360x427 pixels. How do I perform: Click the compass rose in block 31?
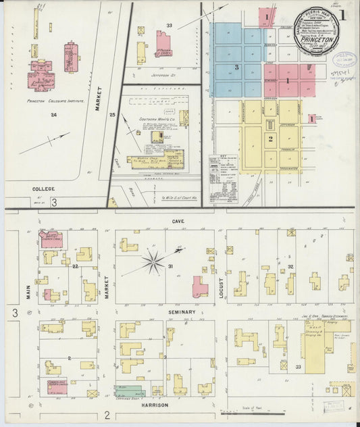tap(154, 261)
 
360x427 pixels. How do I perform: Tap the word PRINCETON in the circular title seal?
tap(317, 39)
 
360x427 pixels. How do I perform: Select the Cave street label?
tap(178, 221)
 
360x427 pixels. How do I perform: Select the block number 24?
tap(53, 116)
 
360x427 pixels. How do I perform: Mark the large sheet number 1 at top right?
tap(343, 14)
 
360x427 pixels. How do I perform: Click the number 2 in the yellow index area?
tap(270, 139)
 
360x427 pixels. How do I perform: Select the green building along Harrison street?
tap(130, 391)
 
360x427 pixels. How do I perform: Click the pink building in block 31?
tap(200, 287)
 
